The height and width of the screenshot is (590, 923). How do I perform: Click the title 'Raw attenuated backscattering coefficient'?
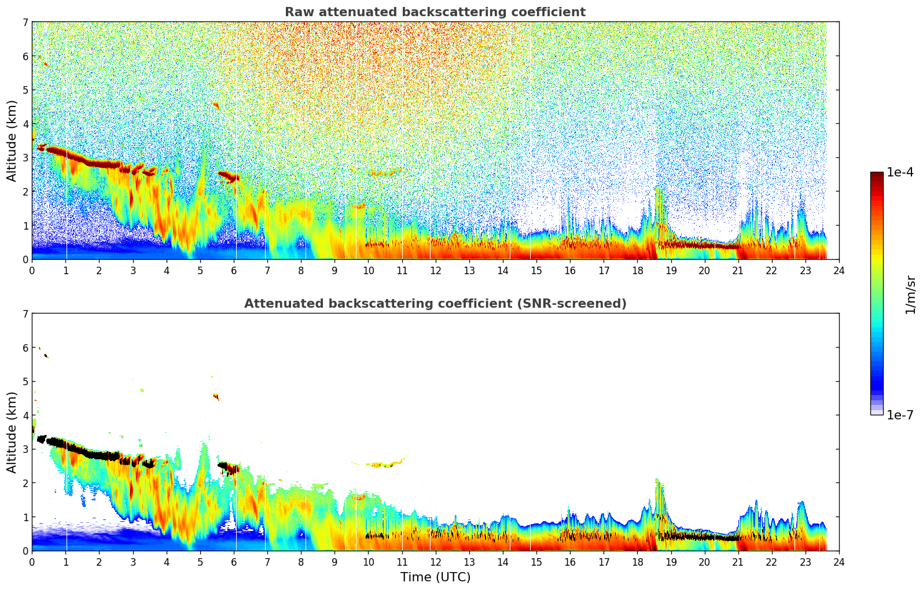tap(435, 12)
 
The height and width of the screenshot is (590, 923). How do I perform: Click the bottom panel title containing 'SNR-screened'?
tap(435, 304)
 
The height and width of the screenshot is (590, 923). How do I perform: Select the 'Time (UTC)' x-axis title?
tap(435, 577)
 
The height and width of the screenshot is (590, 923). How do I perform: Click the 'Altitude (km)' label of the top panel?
tap(12, 141)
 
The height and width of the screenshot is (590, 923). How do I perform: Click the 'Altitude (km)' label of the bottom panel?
tap(12, 432)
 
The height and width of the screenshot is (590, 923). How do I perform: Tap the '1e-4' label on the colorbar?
tap(900, 172)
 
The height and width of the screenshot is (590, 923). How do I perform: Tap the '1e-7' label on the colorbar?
tap(900, 415)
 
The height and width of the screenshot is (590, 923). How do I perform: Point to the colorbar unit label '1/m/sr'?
tap(910, 294)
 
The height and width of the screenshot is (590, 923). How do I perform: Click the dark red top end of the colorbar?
tap(877, 175)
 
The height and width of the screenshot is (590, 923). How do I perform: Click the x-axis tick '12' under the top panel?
tap(435, 270)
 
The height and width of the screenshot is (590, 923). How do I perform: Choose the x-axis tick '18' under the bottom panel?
tap(637, 562)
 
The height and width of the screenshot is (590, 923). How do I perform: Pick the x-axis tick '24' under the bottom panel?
tap(839, 562)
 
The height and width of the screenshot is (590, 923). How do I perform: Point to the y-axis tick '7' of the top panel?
tap(25, 22)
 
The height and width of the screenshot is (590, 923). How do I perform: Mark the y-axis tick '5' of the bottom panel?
tap(25, 381)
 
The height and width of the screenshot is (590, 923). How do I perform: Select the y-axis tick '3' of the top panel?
tap(25, 157)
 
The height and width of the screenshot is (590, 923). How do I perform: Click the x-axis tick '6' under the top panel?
tap(234, 270)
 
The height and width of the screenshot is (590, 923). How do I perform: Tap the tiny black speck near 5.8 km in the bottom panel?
tap(46, 355)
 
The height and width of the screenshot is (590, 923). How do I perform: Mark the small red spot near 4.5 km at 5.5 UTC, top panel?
tap(216, 106)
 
